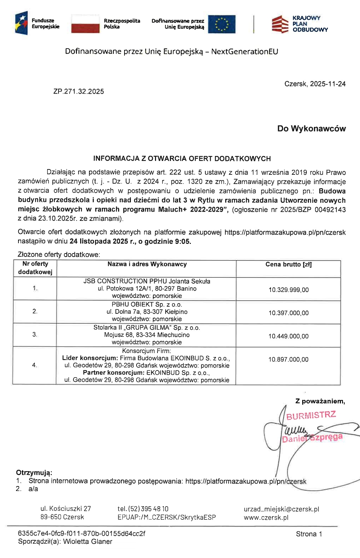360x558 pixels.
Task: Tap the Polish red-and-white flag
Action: click(85, 24)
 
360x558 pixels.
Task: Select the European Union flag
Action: click(222, 24)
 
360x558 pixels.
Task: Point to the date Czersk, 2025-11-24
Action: click(315, 84)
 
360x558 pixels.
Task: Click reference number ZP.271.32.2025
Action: click(79, 91)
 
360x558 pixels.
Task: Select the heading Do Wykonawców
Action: click(311, 129)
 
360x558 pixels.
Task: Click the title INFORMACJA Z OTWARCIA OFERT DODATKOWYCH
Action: click(182, 158)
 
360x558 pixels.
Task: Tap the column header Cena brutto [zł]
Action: click(288, 264)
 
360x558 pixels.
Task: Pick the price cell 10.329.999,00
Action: click(288, 290)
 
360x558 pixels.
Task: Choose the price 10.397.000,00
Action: click(288, 313)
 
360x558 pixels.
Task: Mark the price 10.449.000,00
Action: click(288, 336)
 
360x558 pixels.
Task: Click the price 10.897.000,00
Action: click(288, 359)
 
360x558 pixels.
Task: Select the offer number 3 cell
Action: click(35, 334)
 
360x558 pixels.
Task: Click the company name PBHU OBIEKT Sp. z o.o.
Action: click(147, 305)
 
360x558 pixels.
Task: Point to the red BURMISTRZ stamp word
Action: click(311, 415)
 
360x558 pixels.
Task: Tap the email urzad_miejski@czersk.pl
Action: click(281, 509)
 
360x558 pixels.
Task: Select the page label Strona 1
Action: click(309, 534)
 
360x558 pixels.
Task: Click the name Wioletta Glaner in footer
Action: click(88, 541)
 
